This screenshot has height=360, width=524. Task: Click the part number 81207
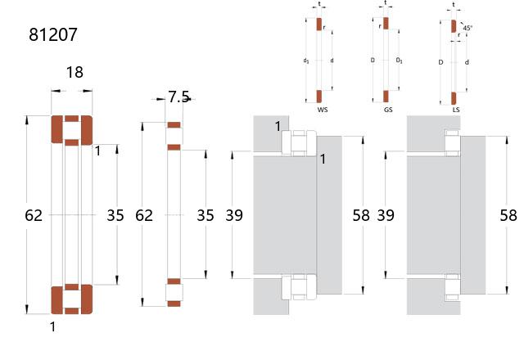pos(53,34)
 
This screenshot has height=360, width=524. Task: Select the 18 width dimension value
pos(75,73)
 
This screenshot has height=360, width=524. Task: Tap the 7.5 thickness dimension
pos(178,97)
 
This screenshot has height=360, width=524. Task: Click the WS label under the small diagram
pos(323,110)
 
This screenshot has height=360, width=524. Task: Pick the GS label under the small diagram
pos(388,110)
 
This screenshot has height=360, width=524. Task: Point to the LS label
pos(456,110)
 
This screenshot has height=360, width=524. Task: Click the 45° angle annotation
pos(468,28)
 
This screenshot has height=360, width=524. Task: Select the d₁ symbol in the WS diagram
pos(306,61)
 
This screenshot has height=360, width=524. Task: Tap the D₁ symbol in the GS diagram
pos(399,61)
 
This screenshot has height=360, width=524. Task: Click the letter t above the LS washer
pos(454,5)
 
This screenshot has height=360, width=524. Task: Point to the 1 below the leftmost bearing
pos(52,326)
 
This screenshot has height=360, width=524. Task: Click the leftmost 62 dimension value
pos(34,215)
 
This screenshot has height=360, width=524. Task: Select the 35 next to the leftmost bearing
pos(115,215)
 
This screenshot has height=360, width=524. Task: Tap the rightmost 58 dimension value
pos(508,215)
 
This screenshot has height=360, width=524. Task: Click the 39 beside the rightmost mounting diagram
pos(386,215)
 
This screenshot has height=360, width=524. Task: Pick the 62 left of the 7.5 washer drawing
pos(144,215)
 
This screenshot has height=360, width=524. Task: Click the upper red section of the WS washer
pos(319,24)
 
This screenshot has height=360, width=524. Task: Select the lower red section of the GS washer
pos(386,97)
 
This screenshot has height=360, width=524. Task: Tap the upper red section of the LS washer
pos(454,26)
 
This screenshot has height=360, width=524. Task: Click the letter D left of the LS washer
pos(440,62)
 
